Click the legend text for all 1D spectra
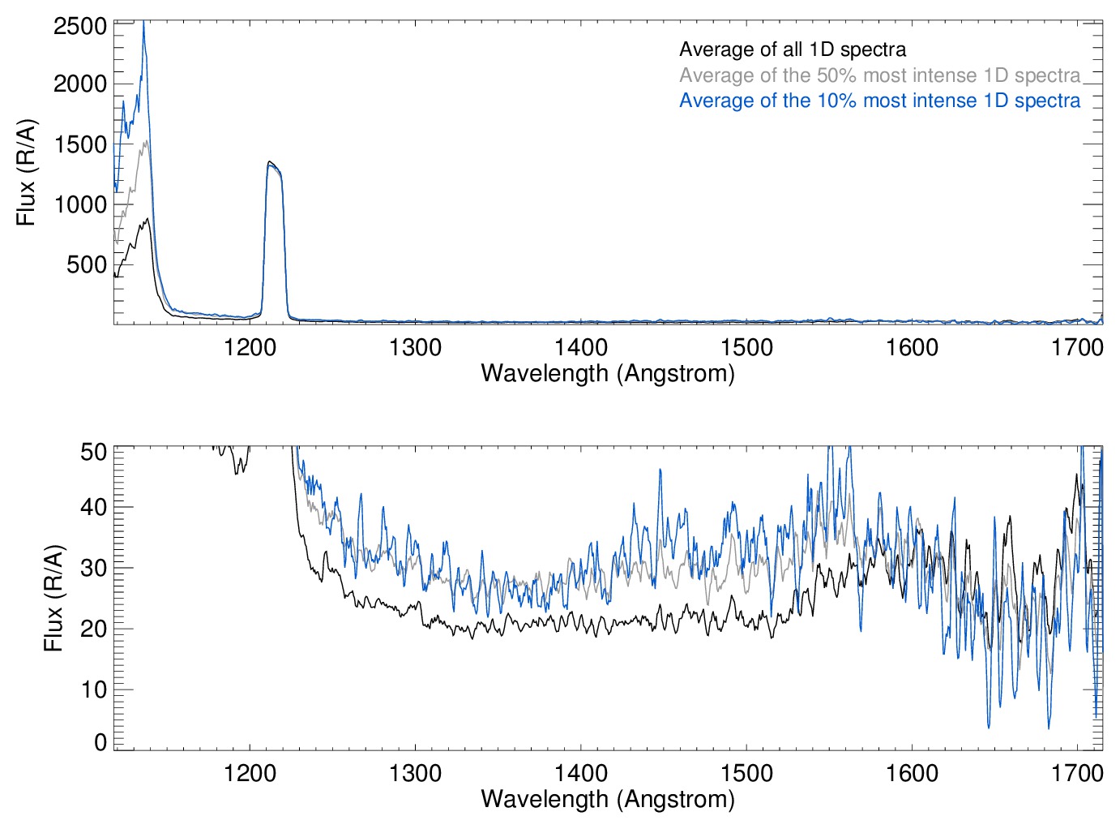click(792, 49)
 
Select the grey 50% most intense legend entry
click(879, 75)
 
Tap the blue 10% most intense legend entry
click(879, 101)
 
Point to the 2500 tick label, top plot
click(80, 26)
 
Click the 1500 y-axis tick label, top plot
click(80, 144)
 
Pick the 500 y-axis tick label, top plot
click(87, 264)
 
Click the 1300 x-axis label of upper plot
click(415, 348)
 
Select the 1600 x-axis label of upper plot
click(912, 348)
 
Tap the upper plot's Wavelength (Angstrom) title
click(608, 373)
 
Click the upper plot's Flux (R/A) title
click(27, 173)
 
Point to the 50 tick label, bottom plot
click(94, 451)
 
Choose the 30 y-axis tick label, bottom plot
click(94, 568)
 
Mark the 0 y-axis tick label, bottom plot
click(100, 741)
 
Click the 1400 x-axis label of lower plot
click(581, 773)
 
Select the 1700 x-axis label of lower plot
click(1077, 773)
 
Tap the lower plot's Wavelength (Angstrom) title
click(608, 799)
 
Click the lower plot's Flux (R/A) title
click(53, 599)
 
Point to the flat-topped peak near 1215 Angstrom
click(273, 166)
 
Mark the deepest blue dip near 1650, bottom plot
click(989, 726)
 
